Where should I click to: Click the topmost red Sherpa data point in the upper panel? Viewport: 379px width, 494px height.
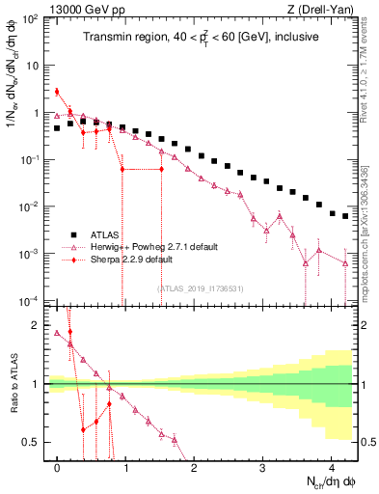(x=57, y=92)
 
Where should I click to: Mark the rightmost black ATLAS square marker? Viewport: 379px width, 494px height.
(x=345, y=216)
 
